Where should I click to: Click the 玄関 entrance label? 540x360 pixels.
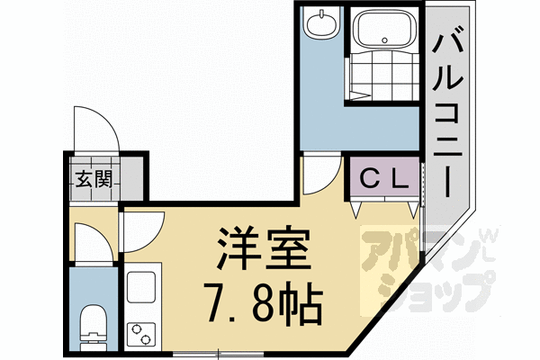point(92,178)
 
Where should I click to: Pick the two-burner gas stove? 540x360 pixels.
point(141,332)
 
